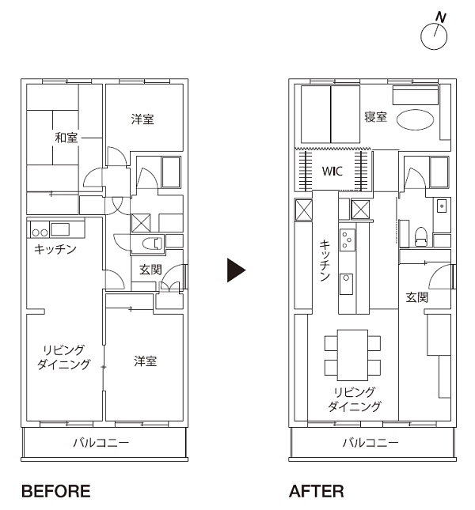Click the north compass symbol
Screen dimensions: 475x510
click(434, 36)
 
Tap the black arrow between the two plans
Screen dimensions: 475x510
click(236, 270)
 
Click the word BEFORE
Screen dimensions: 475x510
click(56, 492)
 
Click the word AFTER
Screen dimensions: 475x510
click(316, 492)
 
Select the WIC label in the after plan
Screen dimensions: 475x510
click(332, 171)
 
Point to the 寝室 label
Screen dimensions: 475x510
click(375, 117)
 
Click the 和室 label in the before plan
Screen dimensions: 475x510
click(66, 138)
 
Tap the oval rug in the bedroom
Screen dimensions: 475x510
click(415, 119)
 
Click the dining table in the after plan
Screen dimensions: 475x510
click(352, 355)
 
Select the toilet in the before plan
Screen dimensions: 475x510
click(152, 244)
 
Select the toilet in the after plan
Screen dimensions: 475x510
click(421, 236)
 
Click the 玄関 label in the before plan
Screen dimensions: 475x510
click(150, 270)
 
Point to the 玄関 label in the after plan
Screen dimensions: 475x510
click(416, 297)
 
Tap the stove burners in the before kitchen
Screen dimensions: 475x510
click(40, 232)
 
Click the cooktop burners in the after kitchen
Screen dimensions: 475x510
click(347, 240)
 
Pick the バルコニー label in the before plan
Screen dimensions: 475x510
click(101, 443)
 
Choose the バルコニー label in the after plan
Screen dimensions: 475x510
click(370, 443)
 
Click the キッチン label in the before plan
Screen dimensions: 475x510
click(55, 250)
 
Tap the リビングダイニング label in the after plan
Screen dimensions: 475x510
click(354, 399)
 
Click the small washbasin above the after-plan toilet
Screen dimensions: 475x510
click(442, 206)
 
